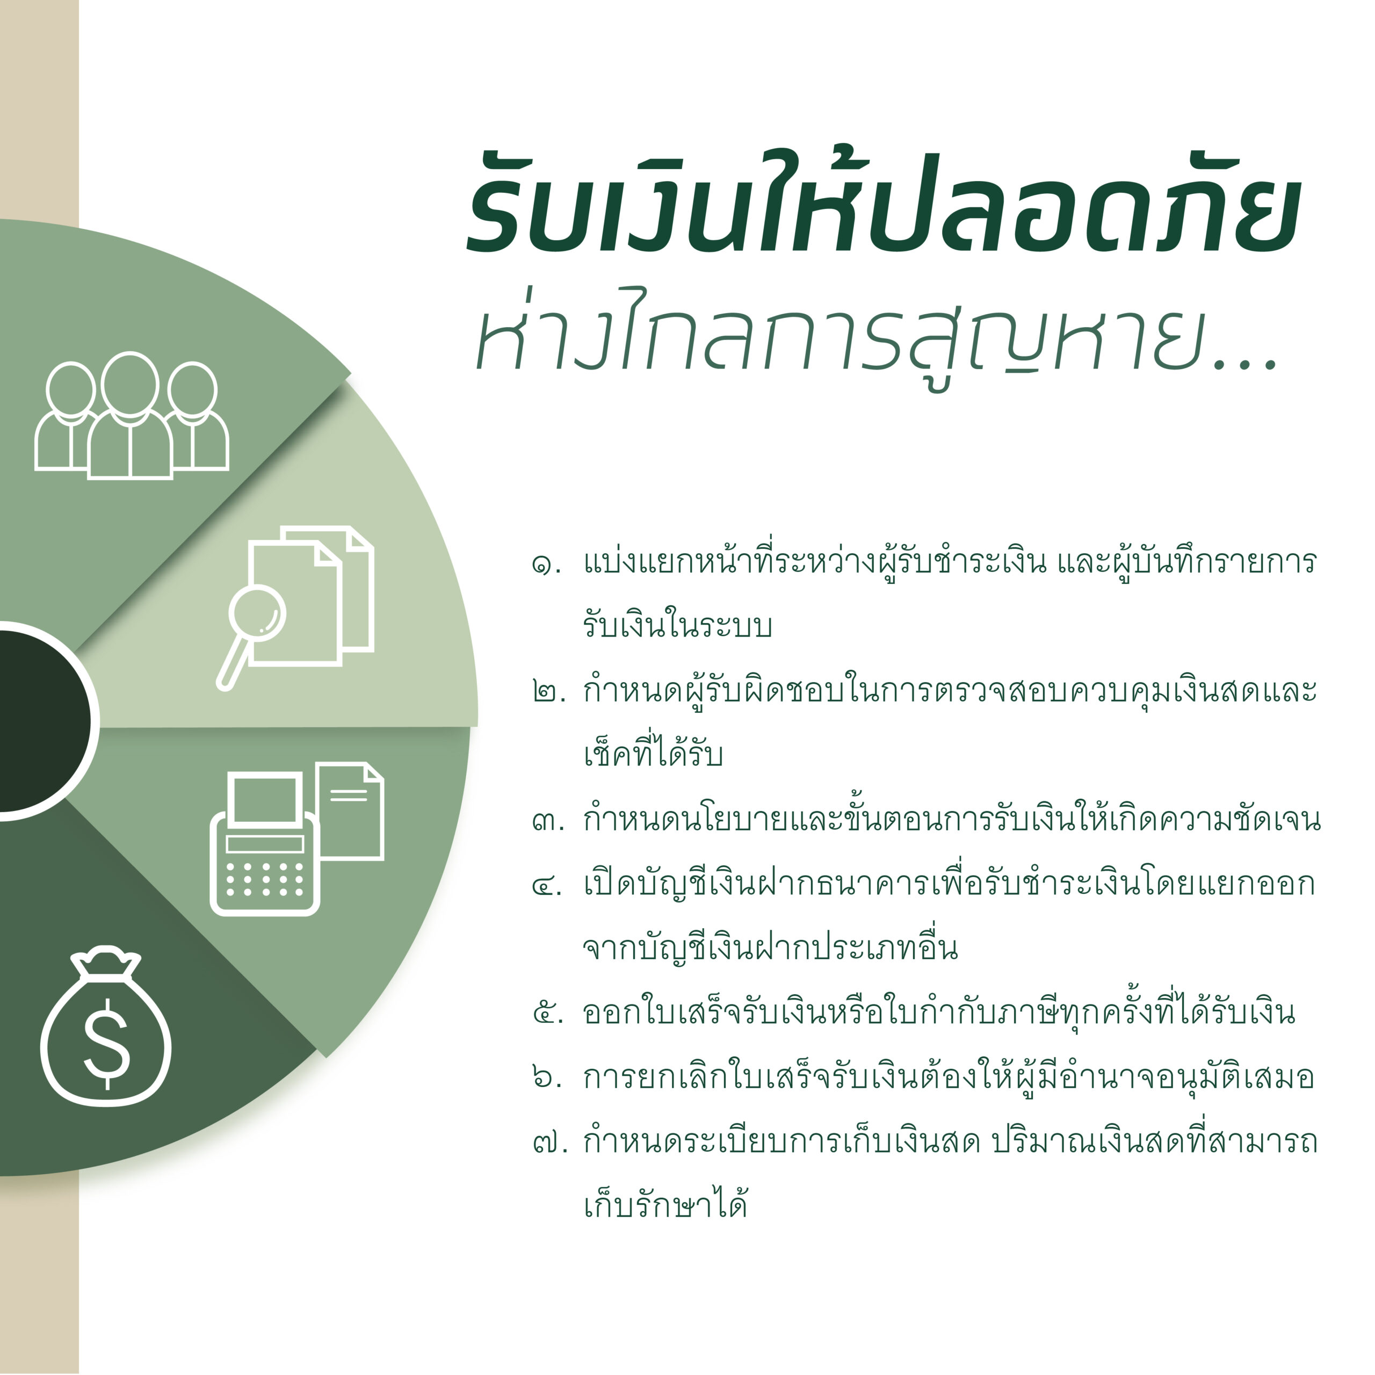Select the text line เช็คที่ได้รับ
(x=653, y=752)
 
